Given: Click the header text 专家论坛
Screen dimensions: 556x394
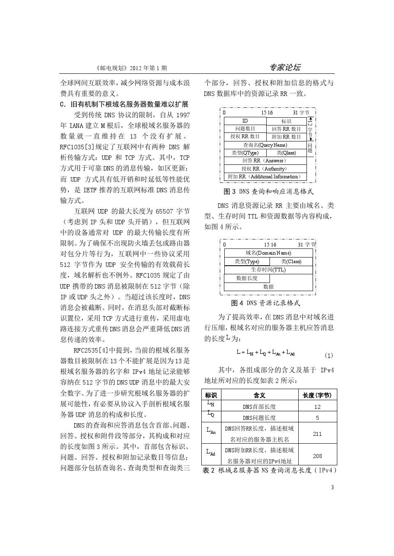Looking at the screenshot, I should [285, 68].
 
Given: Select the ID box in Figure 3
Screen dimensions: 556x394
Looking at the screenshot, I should [245, 121].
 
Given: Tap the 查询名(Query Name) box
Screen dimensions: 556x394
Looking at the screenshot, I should [265, 145].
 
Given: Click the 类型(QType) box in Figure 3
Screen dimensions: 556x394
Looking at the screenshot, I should [244, 153].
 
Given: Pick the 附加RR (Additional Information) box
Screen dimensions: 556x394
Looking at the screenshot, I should [265, 177].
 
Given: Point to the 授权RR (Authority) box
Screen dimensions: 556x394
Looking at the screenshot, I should [265, 169].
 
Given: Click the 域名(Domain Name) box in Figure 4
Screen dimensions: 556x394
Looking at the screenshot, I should [268, 253].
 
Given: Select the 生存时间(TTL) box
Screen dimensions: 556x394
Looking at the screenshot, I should [268, 270].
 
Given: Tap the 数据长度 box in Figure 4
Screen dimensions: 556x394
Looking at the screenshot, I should [247, 278].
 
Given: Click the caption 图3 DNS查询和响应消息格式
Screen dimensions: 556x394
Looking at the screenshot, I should [268, 191].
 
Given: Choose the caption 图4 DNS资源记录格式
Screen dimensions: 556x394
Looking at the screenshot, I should [265, 303].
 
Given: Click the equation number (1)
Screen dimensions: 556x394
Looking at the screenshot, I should [329, 355].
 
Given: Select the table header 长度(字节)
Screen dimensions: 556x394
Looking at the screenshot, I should [317, 395].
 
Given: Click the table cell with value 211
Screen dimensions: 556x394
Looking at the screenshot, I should [317, 433].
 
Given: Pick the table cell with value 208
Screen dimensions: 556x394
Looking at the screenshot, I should [317, 456].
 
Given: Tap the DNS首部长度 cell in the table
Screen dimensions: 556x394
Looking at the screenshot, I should [259, 407].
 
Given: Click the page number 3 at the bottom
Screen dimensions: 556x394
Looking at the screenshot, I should [332, 487].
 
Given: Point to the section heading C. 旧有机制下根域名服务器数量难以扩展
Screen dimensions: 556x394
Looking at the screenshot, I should [124, 104].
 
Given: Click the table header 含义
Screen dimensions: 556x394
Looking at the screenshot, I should [259, 395].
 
